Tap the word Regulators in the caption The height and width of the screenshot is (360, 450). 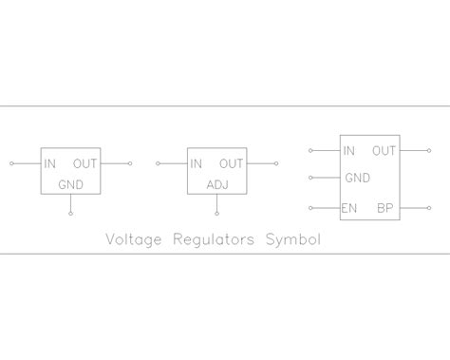click(x=214, y=239)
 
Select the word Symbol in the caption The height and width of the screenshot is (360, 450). click(x=292, y=239)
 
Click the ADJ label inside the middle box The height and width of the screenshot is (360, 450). click(x=218, y=183)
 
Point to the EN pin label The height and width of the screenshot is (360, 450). click(x=349, y=207)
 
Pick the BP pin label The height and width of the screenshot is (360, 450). click(x=385, y=207)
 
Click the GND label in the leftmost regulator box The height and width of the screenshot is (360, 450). click(x=71, y=183)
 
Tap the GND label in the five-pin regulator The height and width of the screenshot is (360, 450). click(x=357, y=178)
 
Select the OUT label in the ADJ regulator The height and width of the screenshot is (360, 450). click(x=232, y=163)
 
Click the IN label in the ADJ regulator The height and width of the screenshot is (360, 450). click(x=197, y=163)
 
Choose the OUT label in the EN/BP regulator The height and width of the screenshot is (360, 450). click(x=384, y=150)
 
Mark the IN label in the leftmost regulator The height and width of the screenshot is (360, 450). click(x=49, y=163)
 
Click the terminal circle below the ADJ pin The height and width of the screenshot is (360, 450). click(x=217, y=215)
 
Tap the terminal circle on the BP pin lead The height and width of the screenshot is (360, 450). click(x=428, y=207)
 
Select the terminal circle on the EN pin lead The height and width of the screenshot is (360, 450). click(x=310, y=207)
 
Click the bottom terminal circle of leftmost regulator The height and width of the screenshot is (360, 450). click(x=70, y=215)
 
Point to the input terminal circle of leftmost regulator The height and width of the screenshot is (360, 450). click(x=11, y=163)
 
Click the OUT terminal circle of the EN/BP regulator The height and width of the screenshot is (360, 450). click(x=428, y=150)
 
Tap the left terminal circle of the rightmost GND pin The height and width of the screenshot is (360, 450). click(x=310, y=178)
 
